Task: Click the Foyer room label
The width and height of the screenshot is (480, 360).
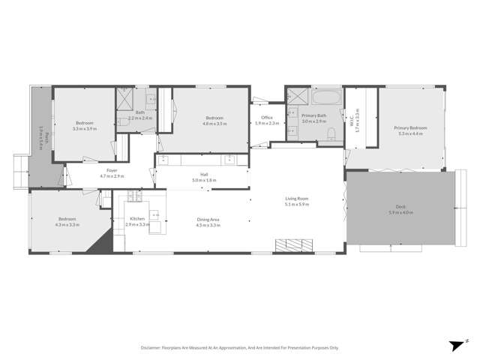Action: (112, 171)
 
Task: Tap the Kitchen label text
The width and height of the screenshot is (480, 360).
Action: (117, 218)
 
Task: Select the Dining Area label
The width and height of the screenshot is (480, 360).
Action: (208, 218)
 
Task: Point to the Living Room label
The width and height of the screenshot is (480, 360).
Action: (297, 199)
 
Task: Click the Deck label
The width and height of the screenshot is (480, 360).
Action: (400, 208)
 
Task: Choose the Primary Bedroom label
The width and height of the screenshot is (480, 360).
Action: (410, 127)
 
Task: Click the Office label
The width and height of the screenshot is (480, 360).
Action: (266, 118)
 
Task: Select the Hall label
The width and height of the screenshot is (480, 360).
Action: (203, 175)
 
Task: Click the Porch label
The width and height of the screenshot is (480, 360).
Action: (44, 137)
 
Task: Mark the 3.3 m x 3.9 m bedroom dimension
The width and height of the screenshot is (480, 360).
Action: (84, 128)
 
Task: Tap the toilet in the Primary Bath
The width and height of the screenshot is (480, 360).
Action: (331, 133)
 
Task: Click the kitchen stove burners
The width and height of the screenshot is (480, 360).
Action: (134, 196)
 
